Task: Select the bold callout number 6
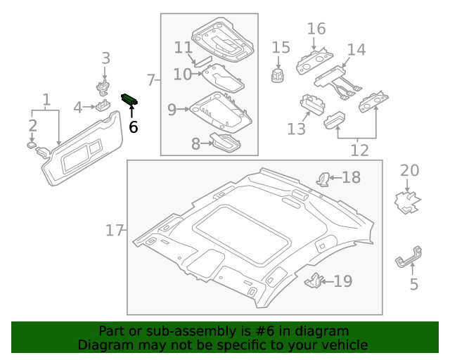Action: (133, 127)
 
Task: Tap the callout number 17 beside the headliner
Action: (115, 230)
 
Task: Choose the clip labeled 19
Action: (313, 281)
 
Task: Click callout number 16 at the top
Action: (316, 29)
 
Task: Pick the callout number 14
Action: (356, 50)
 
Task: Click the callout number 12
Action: (359, 150)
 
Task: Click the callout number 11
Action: (183, 48)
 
